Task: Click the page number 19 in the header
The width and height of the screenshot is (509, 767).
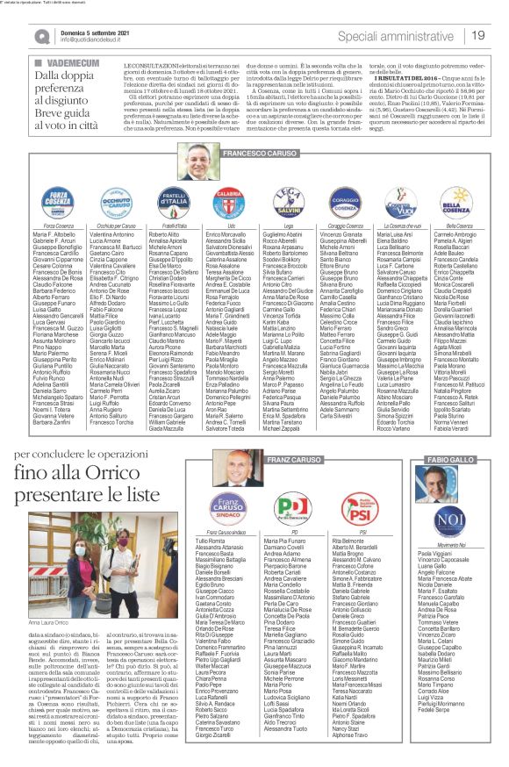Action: (x=479, y=34)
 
